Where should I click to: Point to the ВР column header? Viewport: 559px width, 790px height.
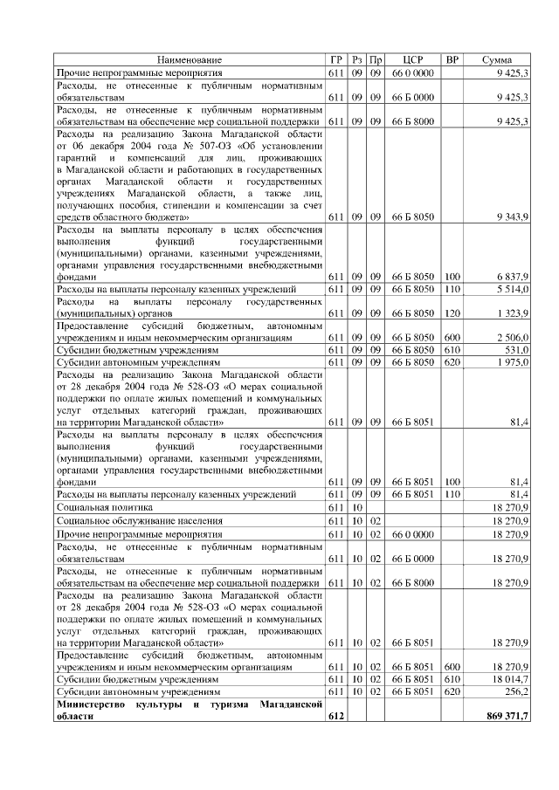click(452, 59)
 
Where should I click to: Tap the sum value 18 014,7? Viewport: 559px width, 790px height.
click(508, 678)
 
